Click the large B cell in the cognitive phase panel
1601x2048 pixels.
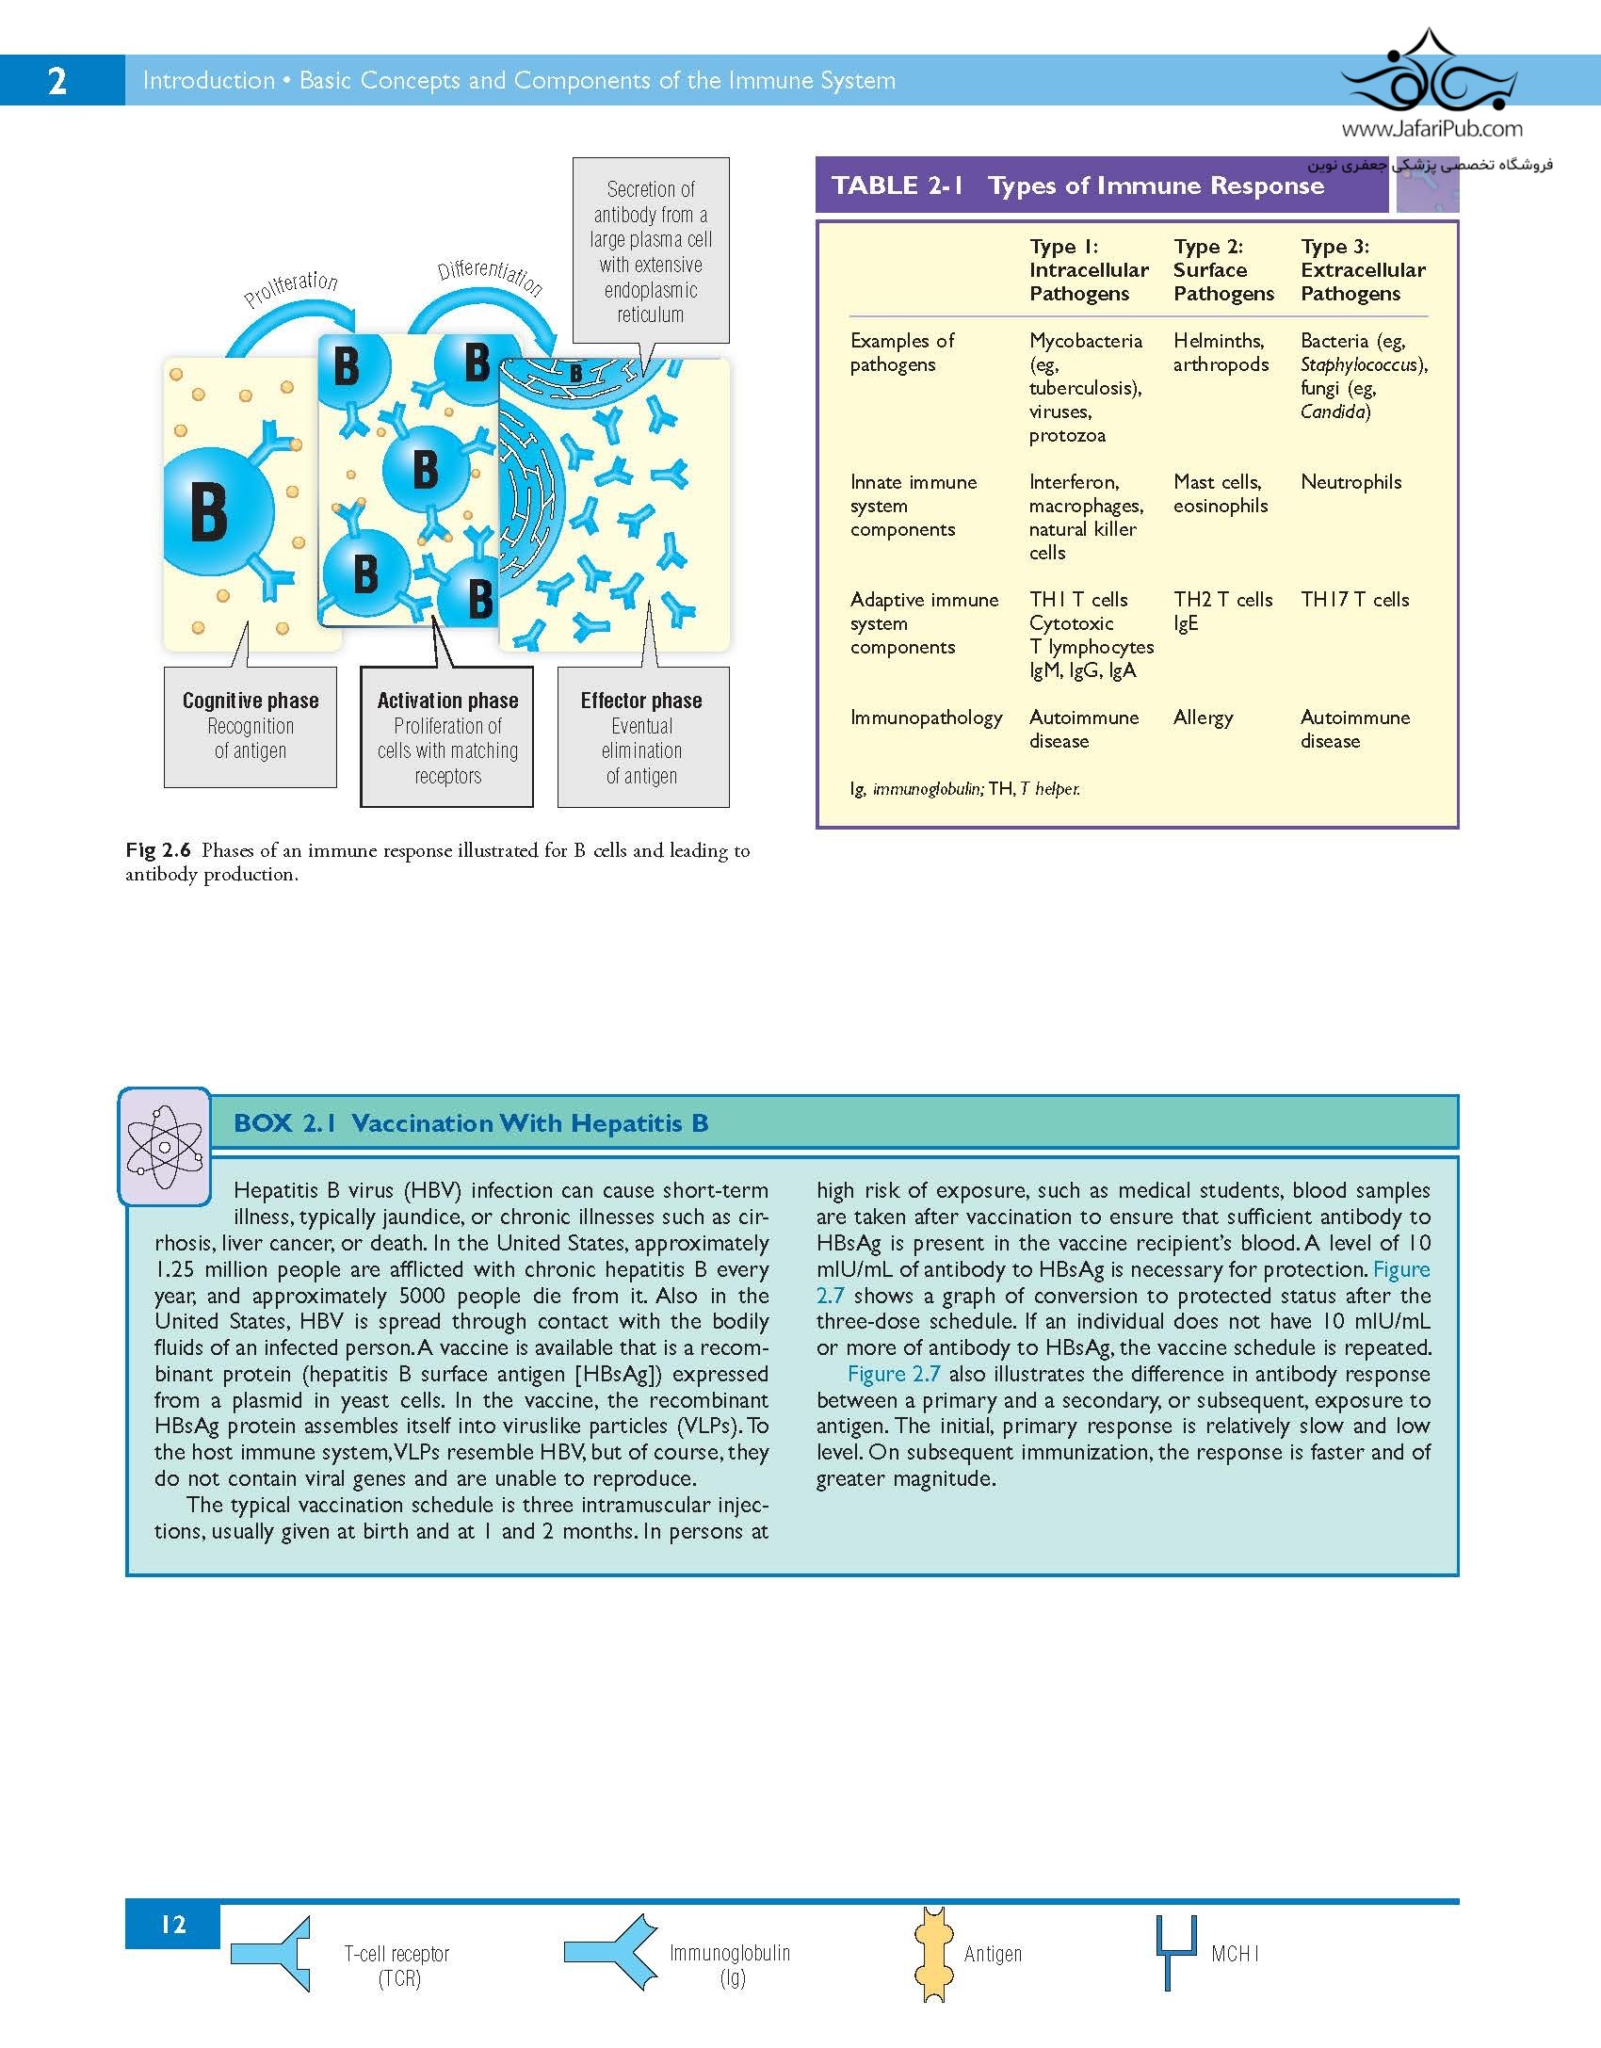[211, 511]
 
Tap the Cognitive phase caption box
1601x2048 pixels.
[251, 726]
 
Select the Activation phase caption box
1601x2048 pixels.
[447, 736]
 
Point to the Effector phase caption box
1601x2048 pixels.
[642, 736]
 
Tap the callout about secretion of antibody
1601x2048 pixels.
[651, 250]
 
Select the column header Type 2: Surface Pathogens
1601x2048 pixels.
[1222, 270]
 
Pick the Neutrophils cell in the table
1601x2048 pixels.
[1350, 482]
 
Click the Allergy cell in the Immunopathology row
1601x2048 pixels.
[1203, 718]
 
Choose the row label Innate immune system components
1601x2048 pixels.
[913, 506]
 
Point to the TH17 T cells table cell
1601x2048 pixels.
[1354, 600]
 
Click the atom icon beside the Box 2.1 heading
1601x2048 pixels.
[165, 1146]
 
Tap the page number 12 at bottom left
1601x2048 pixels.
[172, 1924]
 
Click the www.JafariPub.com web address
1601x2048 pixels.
[1431, 129]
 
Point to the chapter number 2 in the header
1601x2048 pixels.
[57, 81]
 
